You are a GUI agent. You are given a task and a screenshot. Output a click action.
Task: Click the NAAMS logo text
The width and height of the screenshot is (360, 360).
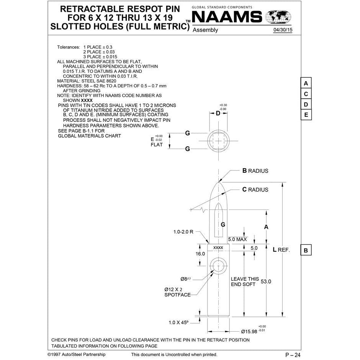click(x=227, y=17)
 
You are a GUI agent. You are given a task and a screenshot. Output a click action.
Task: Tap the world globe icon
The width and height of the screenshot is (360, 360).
click(x=278, y=17)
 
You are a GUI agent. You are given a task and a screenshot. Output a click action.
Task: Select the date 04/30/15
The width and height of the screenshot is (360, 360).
click(x=283, y=29)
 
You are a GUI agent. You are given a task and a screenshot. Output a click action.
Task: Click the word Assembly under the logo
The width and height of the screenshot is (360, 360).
click(x=205, y=30)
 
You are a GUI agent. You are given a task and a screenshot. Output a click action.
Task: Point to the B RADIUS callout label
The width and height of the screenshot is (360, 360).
click(x=255, y=171)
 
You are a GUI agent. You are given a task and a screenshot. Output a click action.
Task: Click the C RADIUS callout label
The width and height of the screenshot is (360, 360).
click(x=255, y=190)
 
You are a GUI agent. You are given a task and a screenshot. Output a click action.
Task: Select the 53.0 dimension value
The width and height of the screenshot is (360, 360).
click(x=266, y=281)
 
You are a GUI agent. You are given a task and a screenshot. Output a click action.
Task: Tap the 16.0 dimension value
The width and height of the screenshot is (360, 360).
click(x=200, y=254)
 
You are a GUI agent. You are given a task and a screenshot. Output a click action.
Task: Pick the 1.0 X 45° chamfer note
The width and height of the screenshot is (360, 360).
click(x=178, y=322)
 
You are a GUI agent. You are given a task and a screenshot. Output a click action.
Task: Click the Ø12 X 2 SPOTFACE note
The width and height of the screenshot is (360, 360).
click(x=177, y=292)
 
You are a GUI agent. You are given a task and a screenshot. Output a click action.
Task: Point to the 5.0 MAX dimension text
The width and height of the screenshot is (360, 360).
click(x=237, y=239)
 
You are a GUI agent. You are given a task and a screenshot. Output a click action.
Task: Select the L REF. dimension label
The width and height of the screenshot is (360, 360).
click(x=281, y=250)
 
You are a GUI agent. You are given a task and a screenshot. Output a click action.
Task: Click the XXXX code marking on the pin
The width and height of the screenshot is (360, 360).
click(x=218, y=248)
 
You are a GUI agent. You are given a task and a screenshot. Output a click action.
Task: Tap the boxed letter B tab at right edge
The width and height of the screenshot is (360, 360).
click(x=306, y=250)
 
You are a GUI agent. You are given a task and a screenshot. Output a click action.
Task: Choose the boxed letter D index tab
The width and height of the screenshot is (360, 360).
click(x=306, y=105)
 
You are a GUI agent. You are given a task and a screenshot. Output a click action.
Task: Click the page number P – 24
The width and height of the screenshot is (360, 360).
click(x=293, y=355)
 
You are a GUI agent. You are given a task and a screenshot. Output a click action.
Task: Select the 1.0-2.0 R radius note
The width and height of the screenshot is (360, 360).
click(x=183, y=232)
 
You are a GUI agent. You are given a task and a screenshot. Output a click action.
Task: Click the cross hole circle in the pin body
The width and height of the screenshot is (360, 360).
click(x=218, y=266)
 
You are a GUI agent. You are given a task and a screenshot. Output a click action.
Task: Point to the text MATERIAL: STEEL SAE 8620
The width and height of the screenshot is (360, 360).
click(x=87, y=81)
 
